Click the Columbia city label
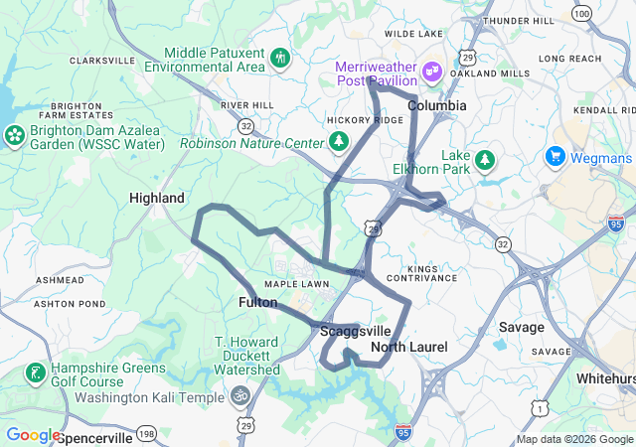click(x=436, y=104)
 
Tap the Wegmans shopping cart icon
click(x=555, y=157)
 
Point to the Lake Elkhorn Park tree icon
click(x=485, y=159)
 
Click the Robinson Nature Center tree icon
click(x=339, y=142)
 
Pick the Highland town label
click(x=157, y=198)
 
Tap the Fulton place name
click(x=257, y=301)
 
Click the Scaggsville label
click(x=356, y=332)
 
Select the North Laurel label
click(x=409, y=347)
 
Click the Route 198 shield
click(x=146, y=433)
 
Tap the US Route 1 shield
click(x=539, y=406)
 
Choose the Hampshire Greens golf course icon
click(x=36, y=373)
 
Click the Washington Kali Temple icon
click(x=239, y=396)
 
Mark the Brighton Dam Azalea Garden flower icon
click(x=15, y=135)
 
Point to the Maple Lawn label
click(x=296, y=284)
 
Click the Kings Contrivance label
click(x=437, y=274)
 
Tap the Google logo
click(x=33, y=434)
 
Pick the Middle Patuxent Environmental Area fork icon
click(x=281, y=58)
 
